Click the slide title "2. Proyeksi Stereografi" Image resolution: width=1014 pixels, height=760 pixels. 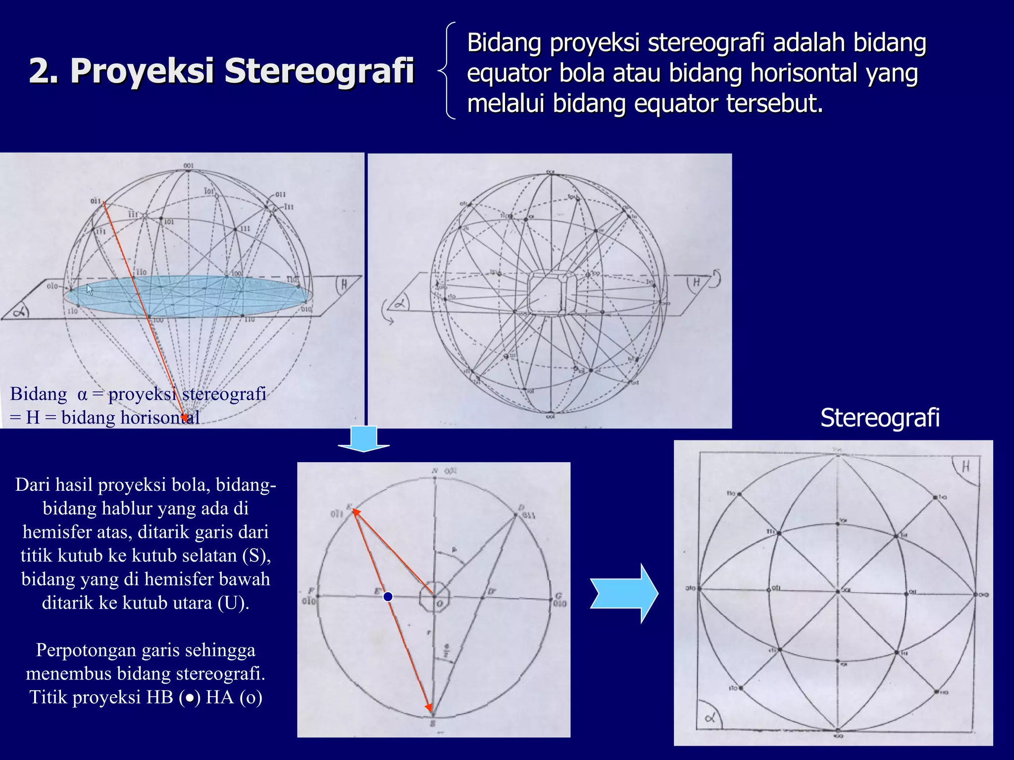point(221,71)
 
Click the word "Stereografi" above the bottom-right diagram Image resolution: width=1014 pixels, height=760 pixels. point(879,418)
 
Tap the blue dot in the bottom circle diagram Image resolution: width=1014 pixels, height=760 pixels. point(388,597)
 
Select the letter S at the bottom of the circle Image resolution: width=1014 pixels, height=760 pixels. point(432,723)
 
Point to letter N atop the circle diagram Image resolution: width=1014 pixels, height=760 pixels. point(434,471)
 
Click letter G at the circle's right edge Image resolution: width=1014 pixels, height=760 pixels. point(558,596)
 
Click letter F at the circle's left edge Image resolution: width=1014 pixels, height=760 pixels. point(311,591)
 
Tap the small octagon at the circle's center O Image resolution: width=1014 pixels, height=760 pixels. point(434,597)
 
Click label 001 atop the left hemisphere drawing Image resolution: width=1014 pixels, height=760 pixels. point(189,166)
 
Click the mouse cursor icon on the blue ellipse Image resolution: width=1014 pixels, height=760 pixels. point(90,290)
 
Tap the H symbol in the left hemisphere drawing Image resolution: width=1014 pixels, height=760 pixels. point(344,285)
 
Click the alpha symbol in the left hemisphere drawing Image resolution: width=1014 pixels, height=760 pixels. point(20,312)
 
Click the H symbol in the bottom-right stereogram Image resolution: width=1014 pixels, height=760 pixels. point(965,466)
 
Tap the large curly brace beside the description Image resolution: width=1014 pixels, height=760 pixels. point(447,71)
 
